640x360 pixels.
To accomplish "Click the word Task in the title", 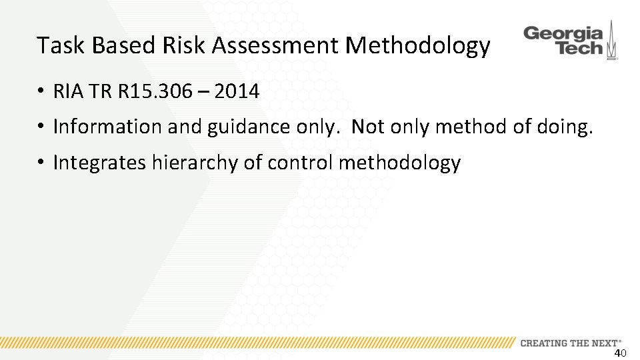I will tap(61, 45).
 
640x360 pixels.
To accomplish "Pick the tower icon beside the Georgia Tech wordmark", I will tap(611, 41).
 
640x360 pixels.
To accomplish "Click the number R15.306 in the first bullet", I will tap(157, 91).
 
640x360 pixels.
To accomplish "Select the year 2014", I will tap(237, 91).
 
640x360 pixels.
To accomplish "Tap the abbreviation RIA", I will tap(66, 91).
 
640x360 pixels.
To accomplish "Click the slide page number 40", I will tap(620, 353).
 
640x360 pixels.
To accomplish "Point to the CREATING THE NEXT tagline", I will tap(570, 343).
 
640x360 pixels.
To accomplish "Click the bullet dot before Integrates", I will tap(41, 163).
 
